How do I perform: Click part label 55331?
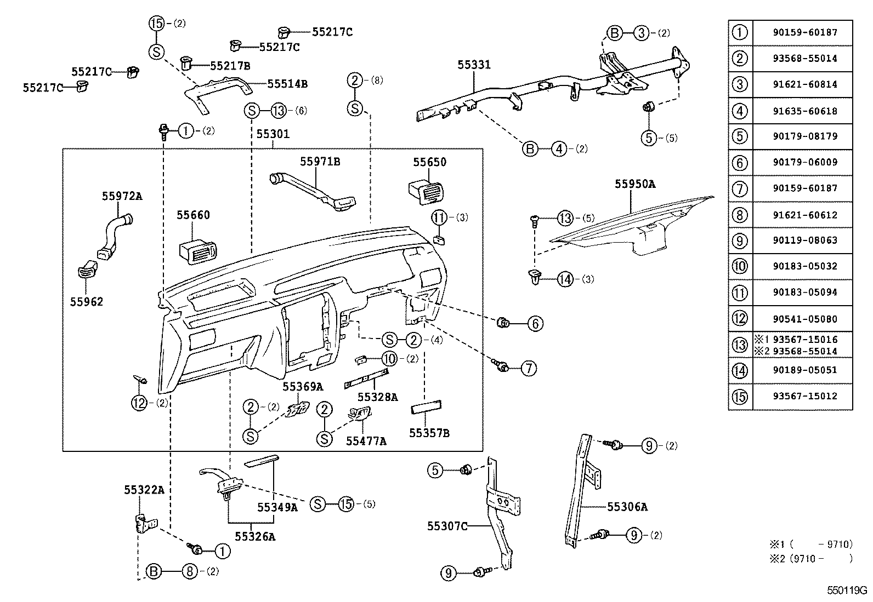click(x=474, y=65)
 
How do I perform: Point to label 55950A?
click(x=634, y=185)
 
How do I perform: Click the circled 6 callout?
click(x=535, y=324)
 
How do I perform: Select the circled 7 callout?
click(x=528, y=368)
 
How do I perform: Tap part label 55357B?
click(x=429, y=433)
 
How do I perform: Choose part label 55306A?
click(x=627, y=507)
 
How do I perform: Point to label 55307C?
click(x=447, y=526)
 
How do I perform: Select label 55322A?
click(x=144, y=490)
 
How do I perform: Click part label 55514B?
click(x=287, y=84)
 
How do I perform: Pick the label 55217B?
click(x=230, y=66)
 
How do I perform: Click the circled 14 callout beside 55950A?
click(x=565, y=279)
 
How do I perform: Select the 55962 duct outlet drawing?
click(x=87, y=268)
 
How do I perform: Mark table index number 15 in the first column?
click(x=740, y=396)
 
